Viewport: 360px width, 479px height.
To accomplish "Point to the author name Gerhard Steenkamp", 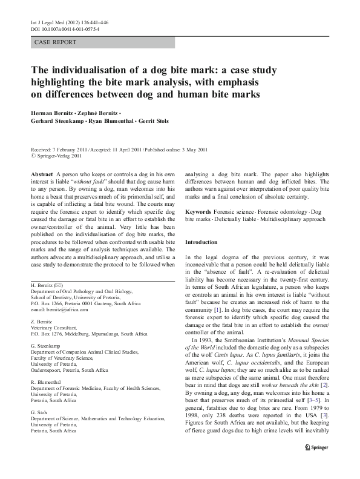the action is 57,121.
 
